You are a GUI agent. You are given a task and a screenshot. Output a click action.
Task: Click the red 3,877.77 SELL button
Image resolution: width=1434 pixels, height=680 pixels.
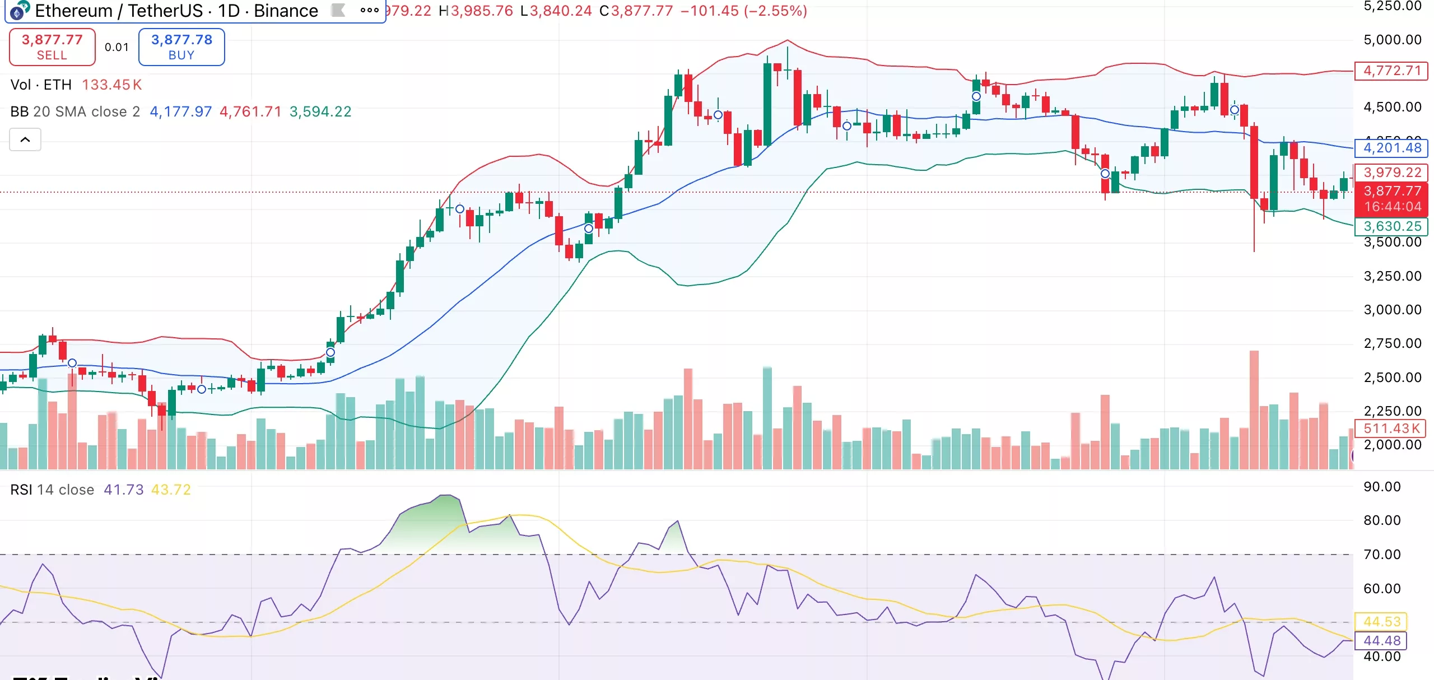(x=52, y=47)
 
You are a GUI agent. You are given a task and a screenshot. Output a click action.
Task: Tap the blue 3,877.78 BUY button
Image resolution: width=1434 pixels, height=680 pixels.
(x=181, y=47)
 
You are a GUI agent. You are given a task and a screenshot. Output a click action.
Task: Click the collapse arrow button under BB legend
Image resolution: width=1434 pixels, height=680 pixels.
(x=25, y=139)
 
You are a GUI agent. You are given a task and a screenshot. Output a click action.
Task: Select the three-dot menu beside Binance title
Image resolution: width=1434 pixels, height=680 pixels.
(x=370, y=10)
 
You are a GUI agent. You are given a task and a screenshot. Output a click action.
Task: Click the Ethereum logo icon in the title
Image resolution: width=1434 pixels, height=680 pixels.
(x=20, y=10)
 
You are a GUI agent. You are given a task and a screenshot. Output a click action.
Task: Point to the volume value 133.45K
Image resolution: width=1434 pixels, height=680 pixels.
(x=112, y=85)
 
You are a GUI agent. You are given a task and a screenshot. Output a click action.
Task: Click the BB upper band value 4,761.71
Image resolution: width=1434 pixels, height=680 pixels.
(x=250, y=111)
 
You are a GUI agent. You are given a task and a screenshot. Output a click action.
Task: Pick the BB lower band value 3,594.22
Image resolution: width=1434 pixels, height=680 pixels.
(x=320, y=111)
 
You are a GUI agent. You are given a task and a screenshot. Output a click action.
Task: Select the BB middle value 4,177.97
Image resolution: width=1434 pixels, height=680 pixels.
(x=181, y=111)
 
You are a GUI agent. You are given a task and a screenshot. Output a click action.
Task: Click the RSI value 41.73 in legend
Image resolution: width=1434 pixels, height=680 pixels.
(x=124, y=490)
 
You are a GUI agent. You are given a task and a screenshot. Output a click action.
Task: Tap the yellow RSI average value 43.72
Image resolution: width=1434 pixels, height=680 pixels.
(x=171, y=490)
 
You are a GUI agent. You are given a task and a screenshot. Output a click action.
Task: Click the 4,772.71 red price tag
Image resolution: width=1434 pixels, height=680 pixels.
(x=1391, y=71)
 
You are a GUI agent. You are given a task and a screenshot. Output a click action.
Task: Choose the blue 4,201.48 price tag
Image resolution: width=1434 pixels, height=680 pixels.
(x=1391, y=148)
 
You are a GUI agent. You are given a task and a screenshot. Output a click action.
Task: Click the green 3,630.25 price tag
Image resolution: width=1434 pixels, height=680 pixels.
(x=1391, y=226)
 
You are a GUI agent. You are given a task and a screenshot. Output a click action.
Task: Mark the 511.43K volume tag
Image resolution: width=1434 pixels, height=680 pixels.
(x=1391, y=429)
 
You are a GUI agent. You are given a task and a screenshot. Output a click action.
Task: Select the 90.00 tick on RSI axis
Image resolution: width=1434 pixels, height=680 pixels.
(x=1382, y=486)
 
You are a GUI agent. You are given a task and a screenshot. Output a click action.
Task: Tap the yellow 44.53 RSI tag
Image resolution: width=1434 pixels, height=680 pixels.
(x=1381, y=621)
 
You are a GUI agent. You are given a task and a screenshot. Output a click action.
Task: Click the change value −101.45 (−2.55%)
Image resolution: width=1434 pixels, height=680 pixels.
(x=744, y=11)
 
